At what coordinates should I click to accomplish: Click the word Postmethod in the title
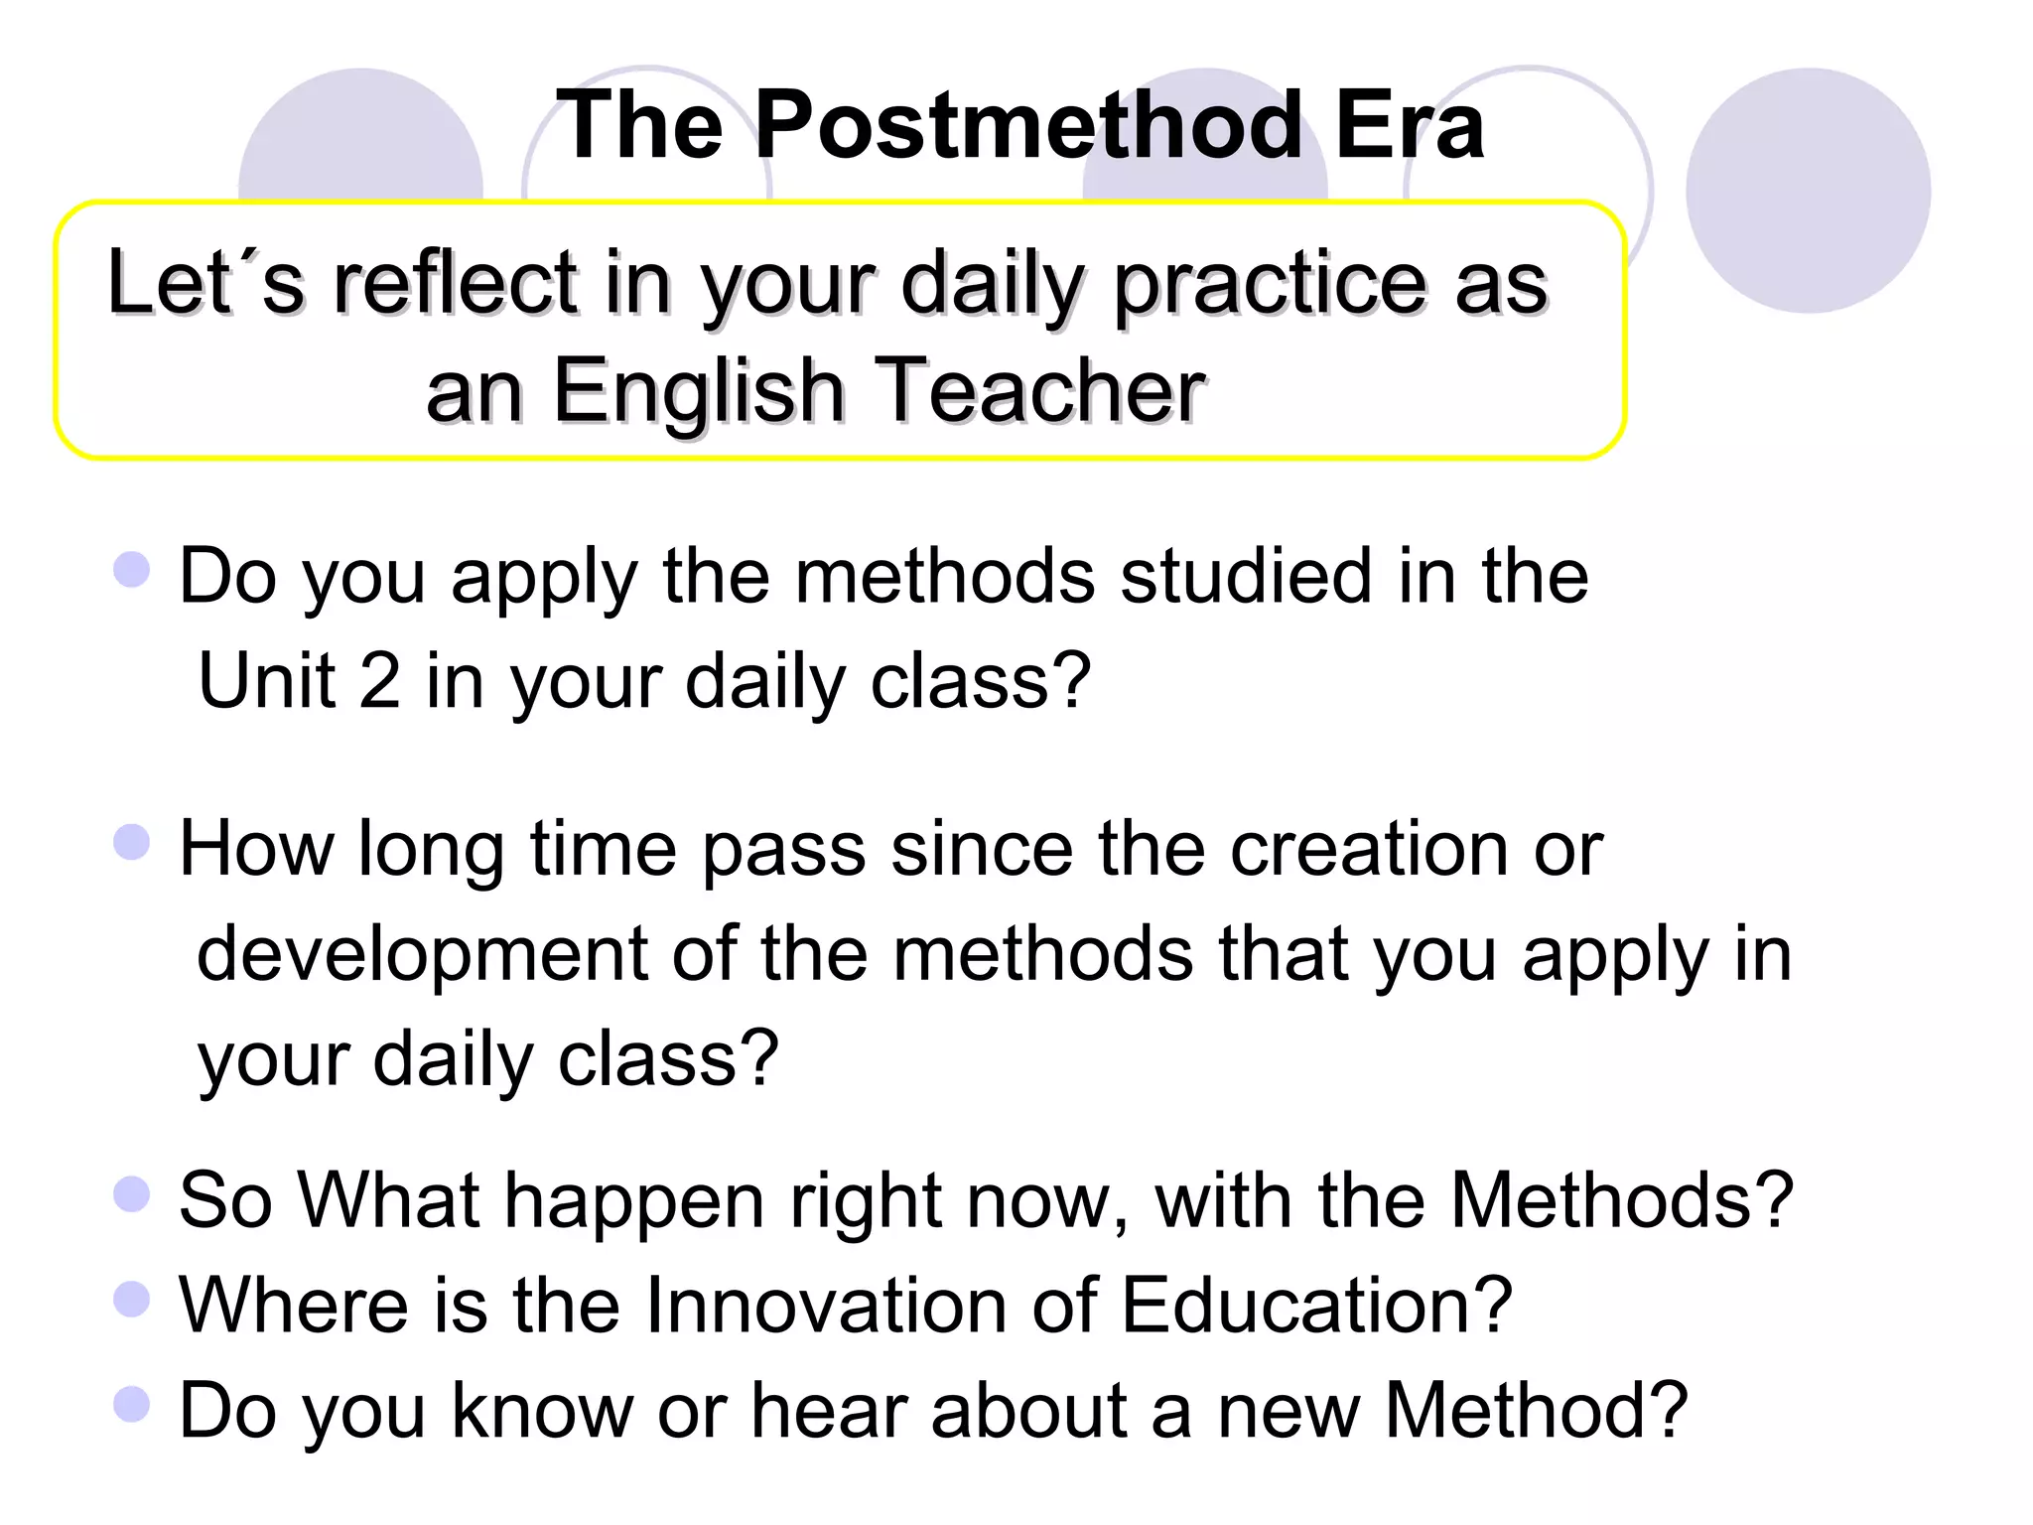pos(1027,126)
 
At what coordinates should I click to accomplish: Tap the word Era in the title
pos(1410,126)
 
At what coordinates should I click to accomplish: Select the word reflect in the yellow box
pos(456,284)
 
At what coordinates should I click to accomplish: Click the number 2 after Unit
pos(380,681)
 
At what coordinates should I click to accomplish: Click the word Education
pos(1316,1305)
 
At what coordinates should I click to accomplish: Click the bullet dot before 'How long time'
pos(132,843)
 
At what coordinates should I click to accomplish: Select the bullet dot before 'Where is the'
pos(132,1298)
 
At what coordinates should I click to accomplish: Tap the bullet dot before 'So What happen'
pos(132,1194)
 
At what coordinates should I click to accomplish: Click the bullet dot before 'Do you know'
pos(132,1404)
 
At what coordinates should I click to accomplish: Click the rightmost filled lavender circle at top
pos(1808,191)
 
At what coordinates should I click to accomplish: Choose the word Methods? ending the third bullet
pos(1622,1201)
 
